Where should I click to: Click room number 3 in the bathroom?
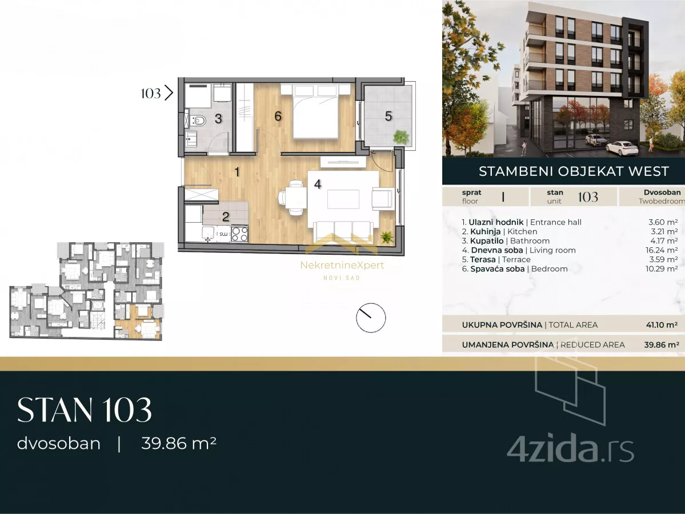(218, 118)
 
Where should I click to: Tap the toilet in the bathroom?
(198, 120)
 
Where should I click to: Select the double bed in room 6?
(315, 112)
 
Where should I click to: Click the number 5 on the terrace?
(388, 116)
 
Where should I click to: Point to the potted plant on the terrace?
(400, 136)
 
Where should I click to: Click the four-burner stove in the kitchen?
(239, 234)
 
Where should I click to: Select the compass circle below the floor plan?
(370, 318)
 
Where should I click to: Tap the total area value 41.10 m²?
(662, 325)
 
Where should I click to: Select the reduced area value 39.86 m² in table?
(662, 344)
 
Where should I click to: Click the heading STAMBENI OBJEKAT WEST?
(574, 171)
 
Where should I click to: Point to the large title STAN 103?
(85, 410)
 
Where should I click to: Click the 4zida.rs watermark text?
(570, 450)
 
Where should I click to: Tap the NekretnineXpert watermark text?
(342, 265)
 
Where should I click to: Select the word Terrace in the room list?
(516, 259)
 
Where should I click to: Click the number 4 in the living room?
(318, 184)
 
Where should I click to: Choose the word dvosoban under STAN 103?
(58, 443)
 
